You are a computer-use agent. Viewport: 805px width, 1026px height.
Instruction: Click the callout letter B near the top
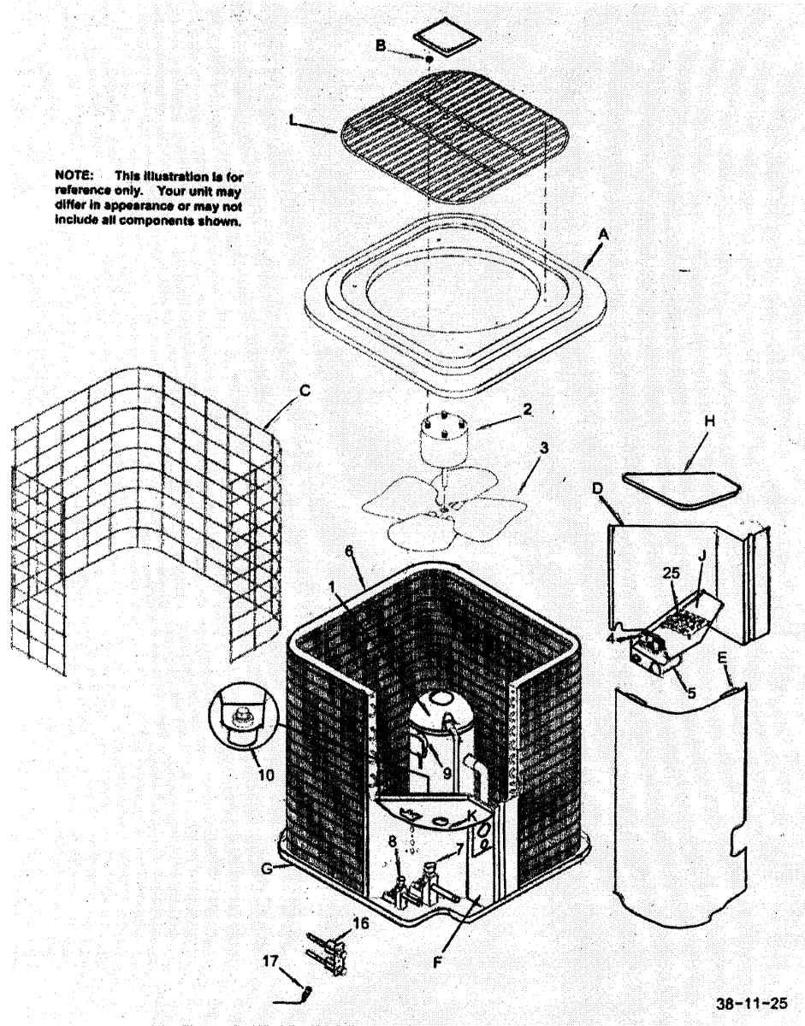(381, 45)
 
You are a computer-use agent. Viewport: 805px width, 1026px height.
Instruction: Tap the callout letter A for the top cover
(604, 233)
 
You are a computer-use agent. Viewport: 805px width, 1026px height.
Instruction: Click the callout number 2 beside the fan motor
(528, 409)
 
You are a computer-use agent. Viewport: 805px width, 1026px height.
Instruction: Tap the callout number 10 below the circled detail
(265, 775)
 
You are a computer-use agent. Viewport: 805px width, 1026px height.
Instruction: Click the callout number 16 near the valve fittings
(361, 923)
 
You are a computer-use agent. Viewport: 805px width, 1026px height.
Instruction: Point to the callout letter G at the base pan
(268, 869)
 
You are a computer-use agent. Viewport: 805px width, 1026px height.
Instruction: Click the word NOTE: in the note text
(73, 177)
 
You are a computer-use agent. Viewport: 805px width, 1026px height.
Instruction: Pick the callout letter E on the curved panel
(723, 657)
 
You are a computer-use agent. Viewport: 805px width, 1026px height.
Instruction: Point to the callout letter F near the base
(438, 962)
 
